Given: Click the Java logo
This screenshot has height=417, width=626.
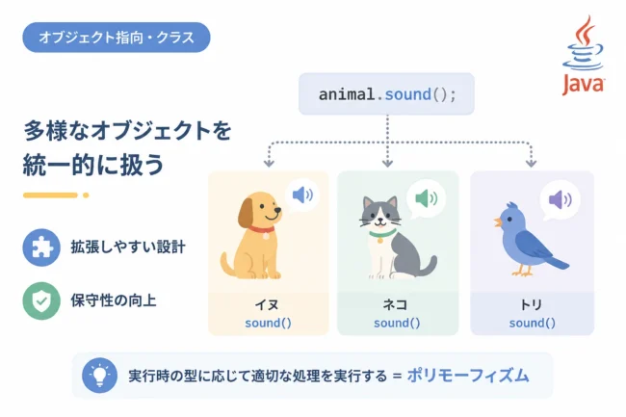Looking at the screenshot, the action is point(584,55).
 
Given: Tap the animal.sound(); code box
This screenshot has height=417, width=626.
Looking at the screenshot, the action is point(386,94).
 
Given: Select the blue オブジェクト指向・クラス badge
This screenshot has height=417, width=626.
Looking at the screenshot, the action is point(117,38).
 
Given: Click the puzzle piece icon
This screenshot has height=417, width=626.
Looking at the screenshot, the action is point(41,248).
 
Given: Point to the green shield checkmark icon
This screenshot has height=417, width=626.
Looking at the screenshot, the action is point(41,300).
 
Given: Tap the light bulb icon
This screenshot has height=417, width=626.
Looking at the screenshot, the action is point(99,376).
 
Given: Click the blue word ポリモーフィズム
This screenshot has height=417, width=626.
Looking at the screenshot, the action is point(468,376).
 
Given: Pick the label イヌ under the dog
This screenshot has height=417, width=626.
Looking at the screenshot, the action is point(267,305).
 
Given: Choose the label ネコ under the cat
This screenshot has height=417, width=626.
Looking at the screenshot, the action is point(395,305).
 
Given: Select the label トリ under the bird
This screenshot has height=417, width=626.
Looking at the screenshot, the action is point(532,305).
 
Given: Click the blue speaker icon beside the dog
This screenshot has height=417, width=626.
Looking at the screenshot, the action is point(302,195).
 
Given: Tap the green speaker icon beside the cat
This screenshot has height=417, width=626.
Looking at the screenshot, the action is point(426,198).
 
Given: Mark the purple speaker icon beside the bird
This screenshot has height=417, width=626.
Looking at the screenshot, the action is point(561,199).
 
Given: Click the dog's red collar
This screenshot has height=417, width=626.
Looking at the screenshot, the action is point(262,230).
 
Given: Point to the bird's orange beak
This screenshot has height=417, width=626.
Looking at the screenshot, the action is point(498,222).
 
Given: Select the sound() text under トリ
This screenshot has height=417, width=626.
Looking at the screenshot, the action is point(533,323).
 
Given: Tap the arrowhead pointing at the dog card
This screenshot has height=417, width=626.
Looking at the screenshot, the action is point(269,163).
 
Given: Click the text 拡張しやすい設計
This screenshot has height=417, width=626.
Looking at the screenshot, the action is point(128,248).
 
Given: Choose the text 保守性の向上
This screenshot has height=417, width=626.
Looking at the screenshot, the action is point(114,300).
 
